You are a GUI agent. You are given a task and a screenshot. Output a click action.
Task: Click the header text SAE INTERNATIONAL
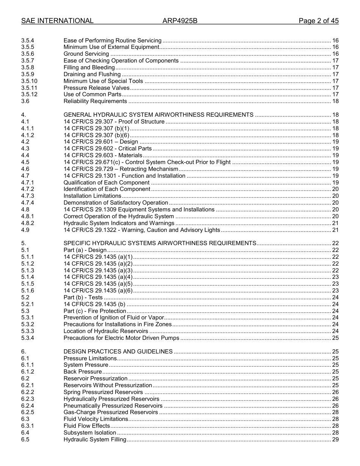[x=57, y=21]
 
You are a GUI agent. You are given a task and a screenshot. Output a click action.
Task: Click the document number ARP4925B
[x=180, y=21]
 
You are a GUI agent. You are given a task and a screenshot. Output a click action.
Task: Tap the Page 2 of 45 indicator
[x=318, y=21]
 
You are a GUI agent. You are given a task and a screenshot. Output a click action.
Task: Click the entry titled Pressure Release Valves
[x=97, y=88]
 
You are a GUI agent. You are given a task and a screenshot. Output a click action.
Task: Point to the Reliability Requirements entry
[x=95, y=101]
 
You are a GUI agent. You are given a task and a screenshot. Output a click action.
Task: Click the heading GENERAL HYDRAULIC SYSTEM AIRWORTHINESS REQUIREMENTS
[x=158, y=115]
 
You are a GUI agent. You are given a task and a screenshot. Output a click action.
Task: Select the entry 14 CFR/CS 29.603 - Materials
[x=103, y=155]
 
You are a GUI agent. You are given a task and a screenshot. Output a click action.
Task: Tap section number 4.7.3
[x=28, y=196]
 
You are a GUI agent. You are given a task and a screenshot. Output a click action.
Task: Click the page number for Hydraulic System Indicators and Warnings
[x=335, y=223]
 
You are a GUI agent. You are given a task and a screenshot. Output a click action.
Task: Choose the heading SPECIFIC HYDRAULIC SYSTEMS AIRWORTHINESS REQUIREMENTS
[x=160, y=243]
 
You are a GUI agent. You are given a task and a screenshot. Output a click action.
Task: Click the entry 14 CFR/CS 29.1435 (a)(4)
[x=98, y=277]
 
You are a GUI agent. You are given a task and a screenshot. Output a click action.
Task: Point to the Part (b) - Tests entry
[x=83, y=297]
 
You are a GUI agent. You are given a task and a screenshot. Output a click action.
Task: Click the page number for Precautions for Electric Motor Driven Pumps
[x=335, y=338]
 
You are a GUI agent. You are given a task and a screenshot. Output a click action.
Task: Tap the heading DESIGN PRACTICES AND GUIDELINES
[x=118, y=352]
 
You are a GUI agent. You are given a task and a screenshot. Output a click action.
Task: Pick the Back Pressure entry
[x=83, y=372]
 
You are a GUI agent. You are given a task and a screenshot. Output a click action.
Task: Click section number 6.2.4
[x=28, y=406]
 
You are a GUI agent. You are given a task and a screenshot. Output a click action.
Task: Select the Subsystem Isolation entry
[x=90, y=433]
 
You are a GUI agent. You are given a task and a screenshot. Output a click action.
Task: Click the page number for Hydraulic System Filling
[x=335, y=439]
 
